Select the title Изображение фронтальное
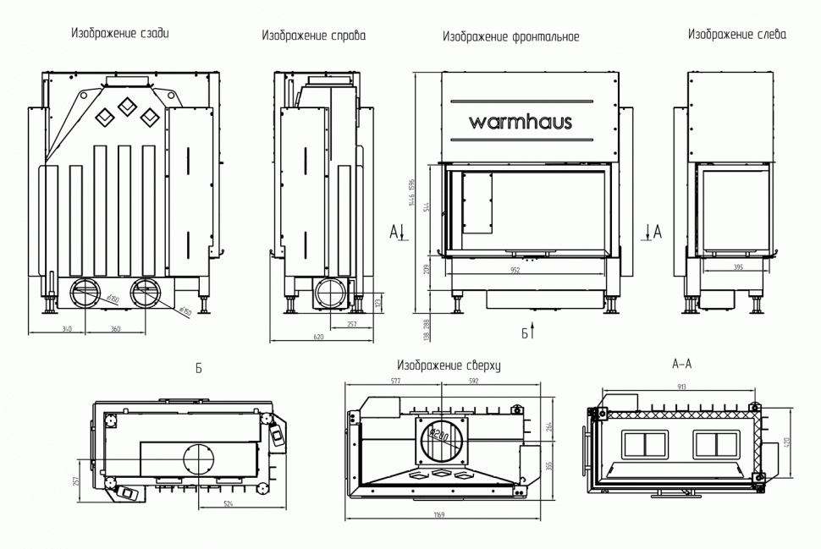point(510,37)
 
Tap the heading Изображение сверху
point(449,366)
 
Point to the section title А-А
point(681,365)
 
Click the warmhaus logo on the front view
point(521,122)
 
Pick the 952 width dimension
point(526,271)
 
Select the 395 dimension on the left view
point(737,267)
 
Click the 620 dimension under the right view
point(318,338)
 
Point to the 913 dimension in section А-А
point(680,387)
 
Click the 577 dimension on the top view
point(396,382)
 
